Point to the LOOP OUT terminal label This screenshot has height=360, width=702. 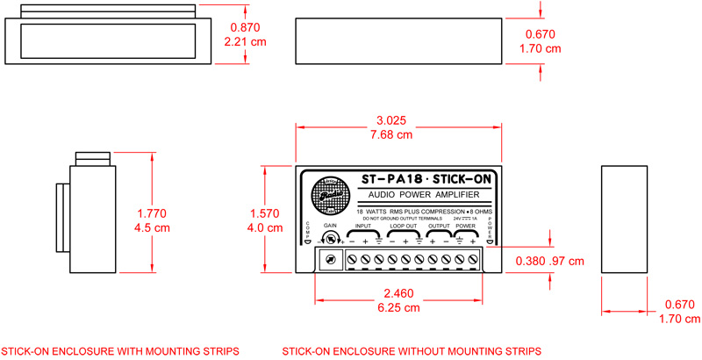pos(403,226)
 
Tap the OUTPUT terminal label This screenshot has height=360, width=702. pos(439,226)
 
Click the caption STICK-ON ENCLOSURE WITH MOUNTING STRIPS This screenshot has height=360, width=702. pos(120,351)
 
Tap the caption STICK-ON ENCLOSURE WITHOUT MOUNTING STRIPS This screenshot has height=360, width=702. pos(412,351)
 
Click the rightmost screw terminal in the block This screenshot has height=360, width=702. pos(475,260)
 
